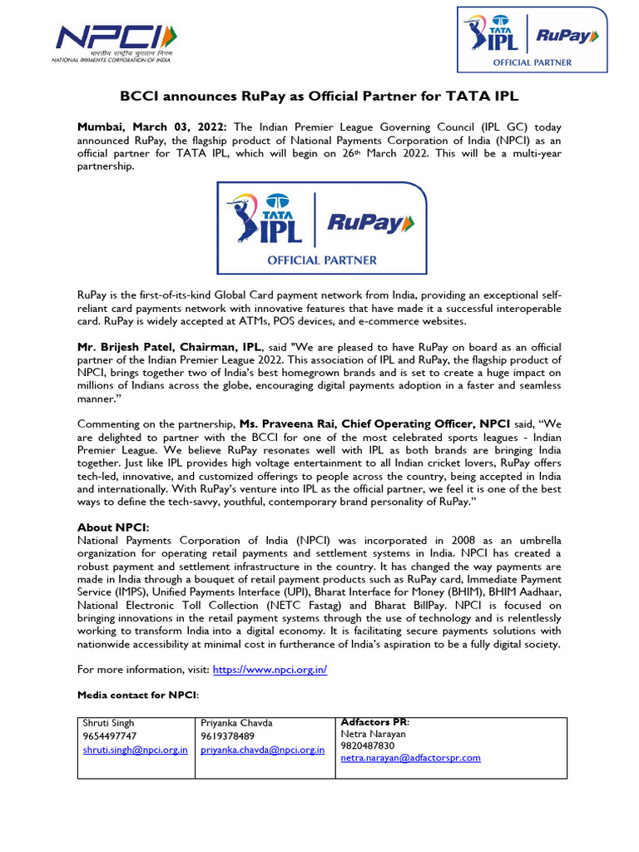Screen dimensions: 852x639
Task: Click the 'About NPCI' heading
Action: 112,528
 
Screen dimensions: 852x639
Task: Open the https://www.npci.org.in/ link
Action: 270,669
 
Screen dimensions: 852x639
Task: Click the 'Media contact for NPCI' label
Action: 138,694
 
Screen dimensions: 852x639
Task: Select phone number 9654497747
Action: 110,736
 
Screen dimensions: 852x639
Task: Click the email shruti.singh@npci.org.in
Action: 135,750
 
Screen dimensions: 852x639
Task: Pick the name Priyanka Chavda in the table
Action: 235,722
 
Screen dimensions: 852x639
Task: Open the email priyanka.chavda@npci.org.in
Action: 262,750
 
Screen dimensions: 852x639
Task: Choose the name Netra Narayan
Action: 374,734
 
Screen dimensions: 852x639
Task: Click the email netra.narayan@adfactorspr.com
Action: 411,758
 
